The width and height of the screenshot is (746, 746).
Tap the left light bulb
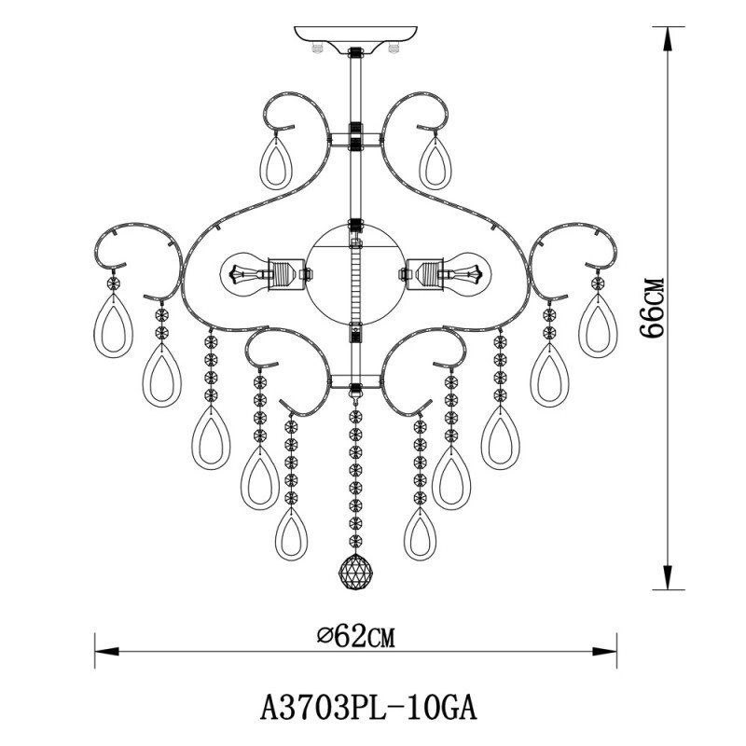tap(244, 275)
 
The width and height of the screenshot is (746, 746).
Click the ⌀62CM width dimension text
tap(355, 637)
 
